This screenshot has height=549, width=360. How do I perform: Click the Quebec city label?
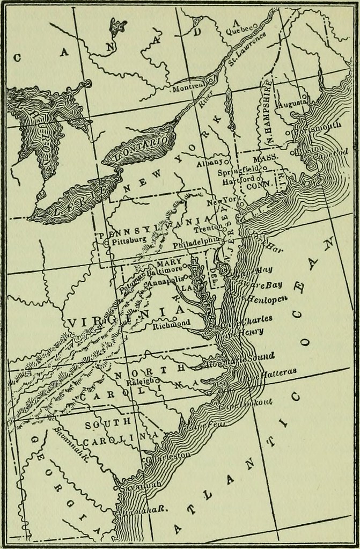click(x=238, y=31)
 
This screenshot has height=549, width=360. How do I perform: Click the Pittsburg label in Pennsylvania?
click(x=129, y=241)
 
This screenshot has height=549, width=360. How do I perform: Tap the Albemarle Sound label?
click(x=242, y=358)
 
